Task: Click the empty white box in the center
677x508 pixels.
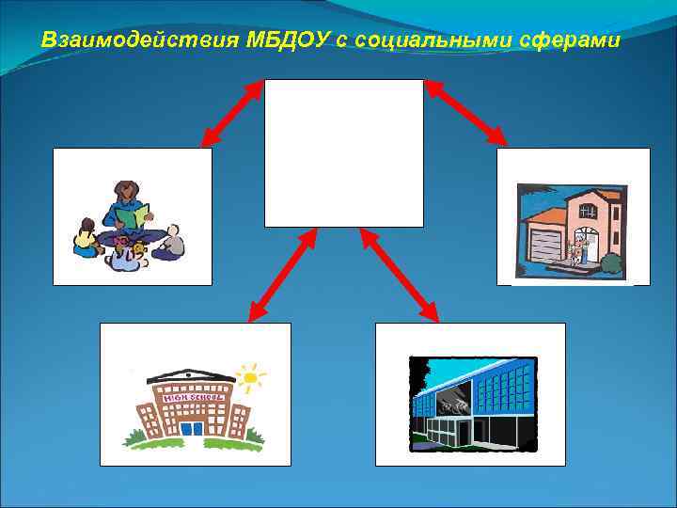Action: [x=343, y=153]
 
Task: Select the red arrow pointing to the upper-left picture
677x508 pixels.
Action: [x=232, y=113]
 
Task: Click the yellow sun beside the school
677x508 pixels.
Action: [x=250, y=378]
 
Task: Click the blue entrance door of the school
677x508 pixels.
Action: [x=191, y=428]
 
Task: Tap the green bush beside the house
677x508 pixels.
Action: [x=610, y=263]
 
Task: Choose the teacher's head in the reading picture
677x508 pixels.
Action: [x=125, y=191]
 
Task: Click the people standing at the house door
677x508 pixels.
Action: [x=577, y=250]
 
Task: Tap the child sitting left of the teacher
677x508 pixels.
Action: [x=87, y=237]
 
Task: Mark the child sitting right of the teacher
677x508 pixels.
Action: [x=170, y=242]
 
